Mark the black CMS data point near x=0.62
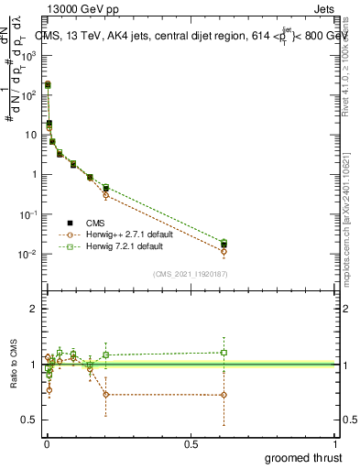[x=224, y=245]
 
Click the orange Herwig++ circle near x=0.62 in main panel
[x=224, y=251]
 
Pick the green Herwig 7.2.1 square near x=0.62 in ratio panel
[x=224, y=352]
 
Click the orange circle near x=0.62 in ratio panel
[x=224, y=395]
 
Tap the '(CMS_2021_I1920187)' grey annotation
[x=191, y=273]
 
